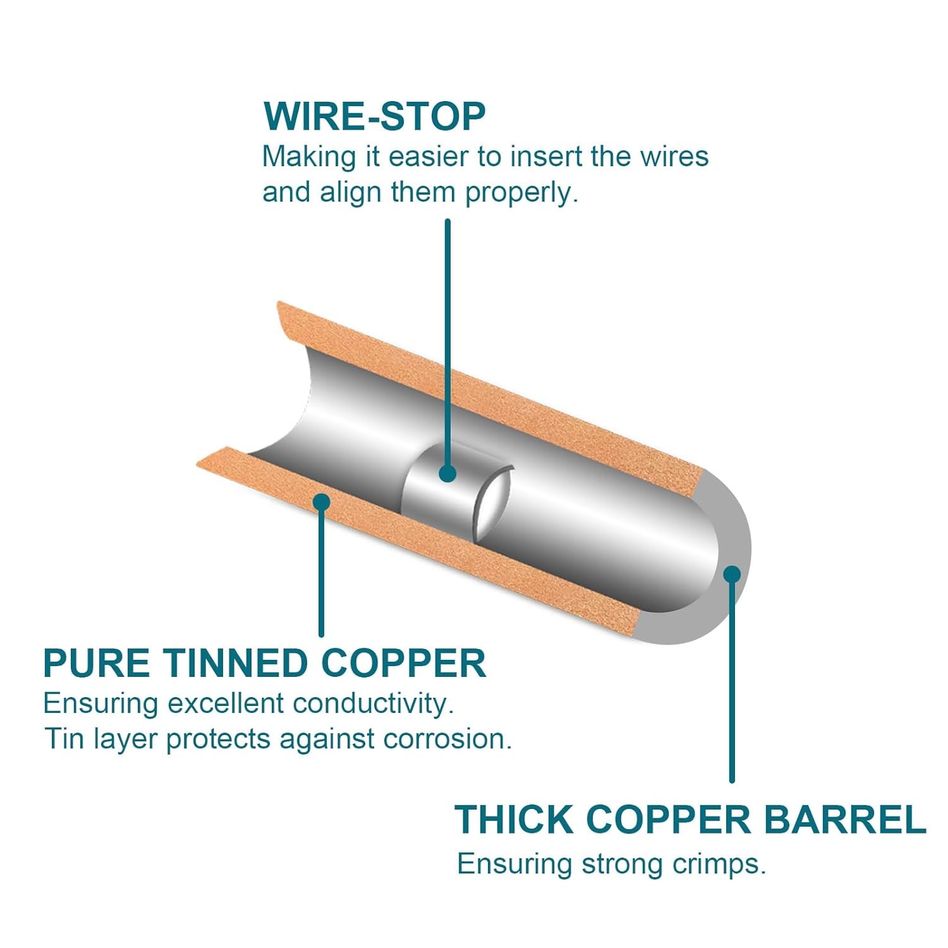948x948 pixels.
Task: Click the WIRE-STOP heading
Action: coord(374,116)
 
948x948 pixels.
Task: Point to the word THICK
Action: coord(514,820)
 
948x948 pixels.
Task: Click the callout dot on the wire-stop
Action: coord(447,473)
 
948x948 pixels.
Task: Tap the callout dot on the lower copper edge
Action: coord(322,502)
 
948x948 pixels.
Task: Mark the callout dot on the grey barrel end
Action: coord(732,574)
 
